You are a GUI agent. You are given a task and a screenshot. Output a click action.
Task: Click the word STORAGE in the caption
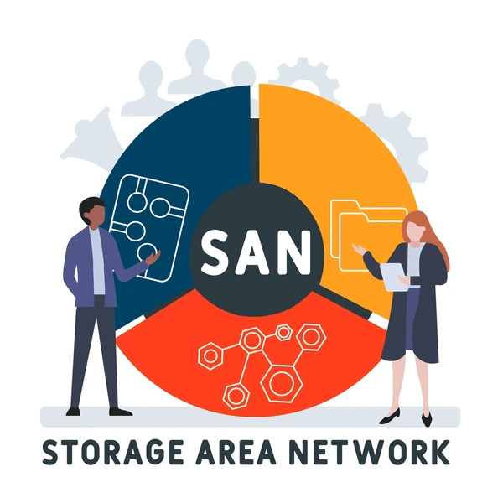(x=113, y=452)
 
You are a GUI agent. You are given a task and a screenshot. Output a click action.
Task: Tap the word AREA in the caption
(x=236, y=452)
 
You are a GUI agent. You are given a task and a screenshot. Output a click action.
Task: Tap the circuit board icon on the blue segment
(x=149, y=228)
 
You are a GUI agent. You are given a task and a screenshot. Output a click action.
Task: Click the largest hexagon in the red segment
(x=282, y=383)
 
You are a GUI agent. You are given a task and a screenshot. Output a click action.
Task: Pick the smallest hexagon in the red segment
(x=283, y=333)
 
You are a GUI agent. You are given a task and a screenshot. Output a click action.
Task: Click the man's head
(x=92, y=213)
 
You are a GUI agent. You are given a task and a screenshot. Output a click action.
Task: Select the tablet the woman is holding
(x=393, y=277)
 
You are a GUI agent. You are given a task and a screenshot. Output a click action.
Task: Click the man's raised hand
(x=153, y=257)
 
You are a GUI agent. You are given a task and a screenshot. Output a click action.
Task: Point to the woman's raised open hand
(x=359, y=249)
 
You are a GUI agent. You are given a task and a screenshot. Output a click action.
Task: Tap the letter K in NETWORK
(x=438, y=452)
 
